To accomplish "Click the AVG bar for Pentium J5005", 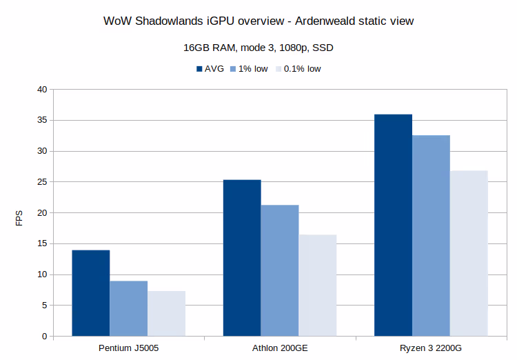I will [x=90, y=293].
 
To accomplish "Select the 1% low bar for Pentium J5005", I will [x=128, y=308].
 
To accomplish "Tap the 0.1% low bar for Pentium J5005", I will [x=166, y=314].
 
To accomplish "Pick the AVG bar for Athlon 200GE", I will [x=241, y=258].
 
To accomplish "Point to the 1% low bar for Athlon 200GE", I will [x=279, y=270].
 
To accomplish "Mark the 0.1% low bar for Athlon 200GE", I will [x=317, y=286].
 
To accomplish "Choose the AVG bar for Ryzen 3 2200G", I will [x=393, y=226].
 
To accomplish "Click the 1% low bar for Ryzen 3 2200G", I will [x=431, y=236].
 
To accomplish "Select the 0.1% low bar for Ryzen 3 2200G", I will [x=469, y=253].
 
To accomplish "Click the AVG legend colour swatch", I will [x=199, y=69].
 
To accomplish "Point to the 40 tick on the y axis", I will [x=42, y=90].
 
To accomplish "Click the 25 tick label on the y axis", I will [x=42, y=182].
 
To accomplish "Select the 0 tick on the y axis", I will [x=44, y=337].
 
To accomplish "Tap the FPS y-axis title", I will [x=19, y=218].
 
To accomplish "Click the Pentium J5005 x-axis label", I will [x=128, y=348].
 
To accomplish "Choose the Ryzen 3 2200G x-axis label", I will [x=431, y=348].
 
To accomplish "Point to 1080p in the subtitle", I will [x=278, y=48].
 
